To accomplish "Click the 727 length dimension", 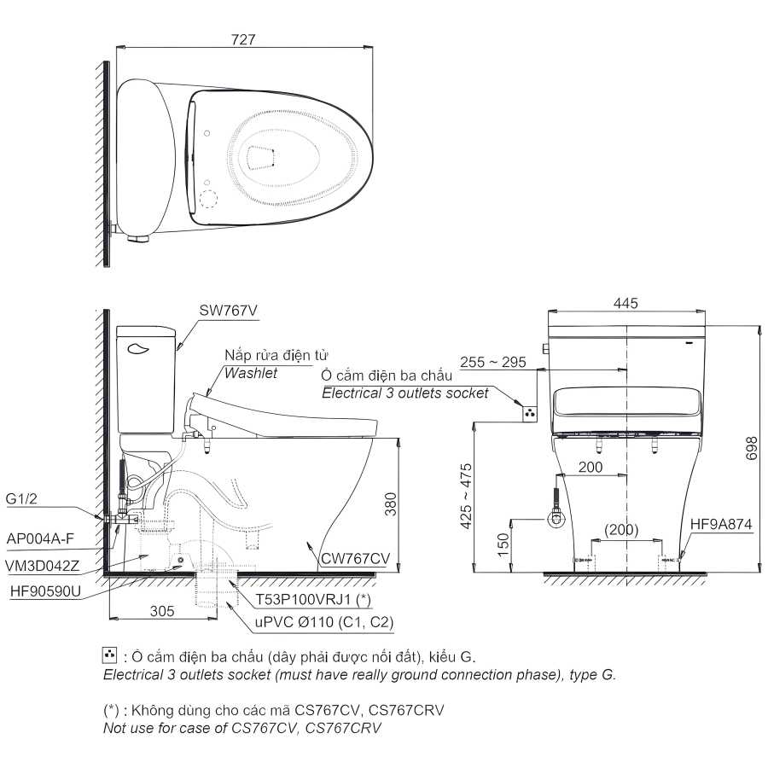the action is pos(243,39).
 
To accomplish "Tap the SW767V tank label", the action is pos(228,311).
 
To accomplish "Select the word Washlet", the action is pos(251,373).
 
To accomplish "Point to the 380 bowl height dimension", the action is pos(390,504).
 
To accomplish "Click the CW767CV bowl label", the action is pos(355,558).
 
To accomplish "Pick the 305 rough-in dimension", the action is pos(162,611).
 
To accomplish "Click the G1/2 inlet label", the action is pos(21,498).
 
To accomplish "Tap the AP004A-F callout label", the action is pos(40,538).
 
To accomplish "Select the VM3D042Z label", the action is pos(42,566).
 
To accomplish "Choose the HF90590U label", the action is pos(45,591).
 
